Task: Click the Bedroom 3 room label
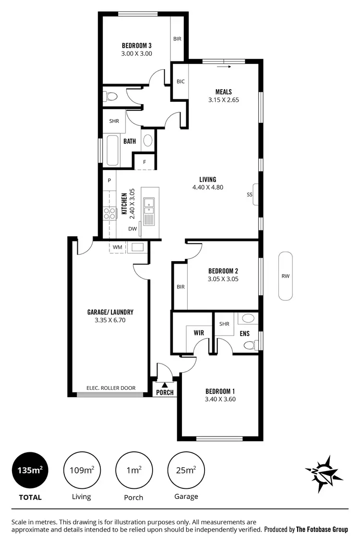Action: pyautogui.click(x=136, y=46)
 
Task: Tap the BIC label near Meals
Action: pyautogui.click(x=180, y=82)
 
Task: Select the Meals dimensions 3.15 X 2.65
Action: pyautogui.click(x=223, y=100)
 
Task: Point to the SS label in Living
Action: pyautogui.click(x=249, y=194)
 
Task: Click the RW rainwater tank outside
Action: pyautogui.click(x=286, y=276)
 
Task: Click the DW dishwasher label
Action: pyautogui.click(x=132, y=229)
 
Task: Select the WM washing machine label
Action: pyautogui.click(x=118, y=247)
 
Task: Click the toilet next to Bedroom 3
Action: pyautogui.click(x=111, y=97)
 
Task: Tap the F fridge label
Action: pyautogui.click(x=144, y=162)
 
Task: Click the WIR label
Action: pyautogui.click(x=199, y=332)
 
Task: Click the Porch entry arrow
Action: pyautogui.click(x=165, y=385)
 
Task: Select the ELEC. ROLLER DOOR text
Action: pyautogui.click(x=111, y=388)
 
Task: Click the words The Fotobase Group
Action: pyautogui.click(x=322, y=530)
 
